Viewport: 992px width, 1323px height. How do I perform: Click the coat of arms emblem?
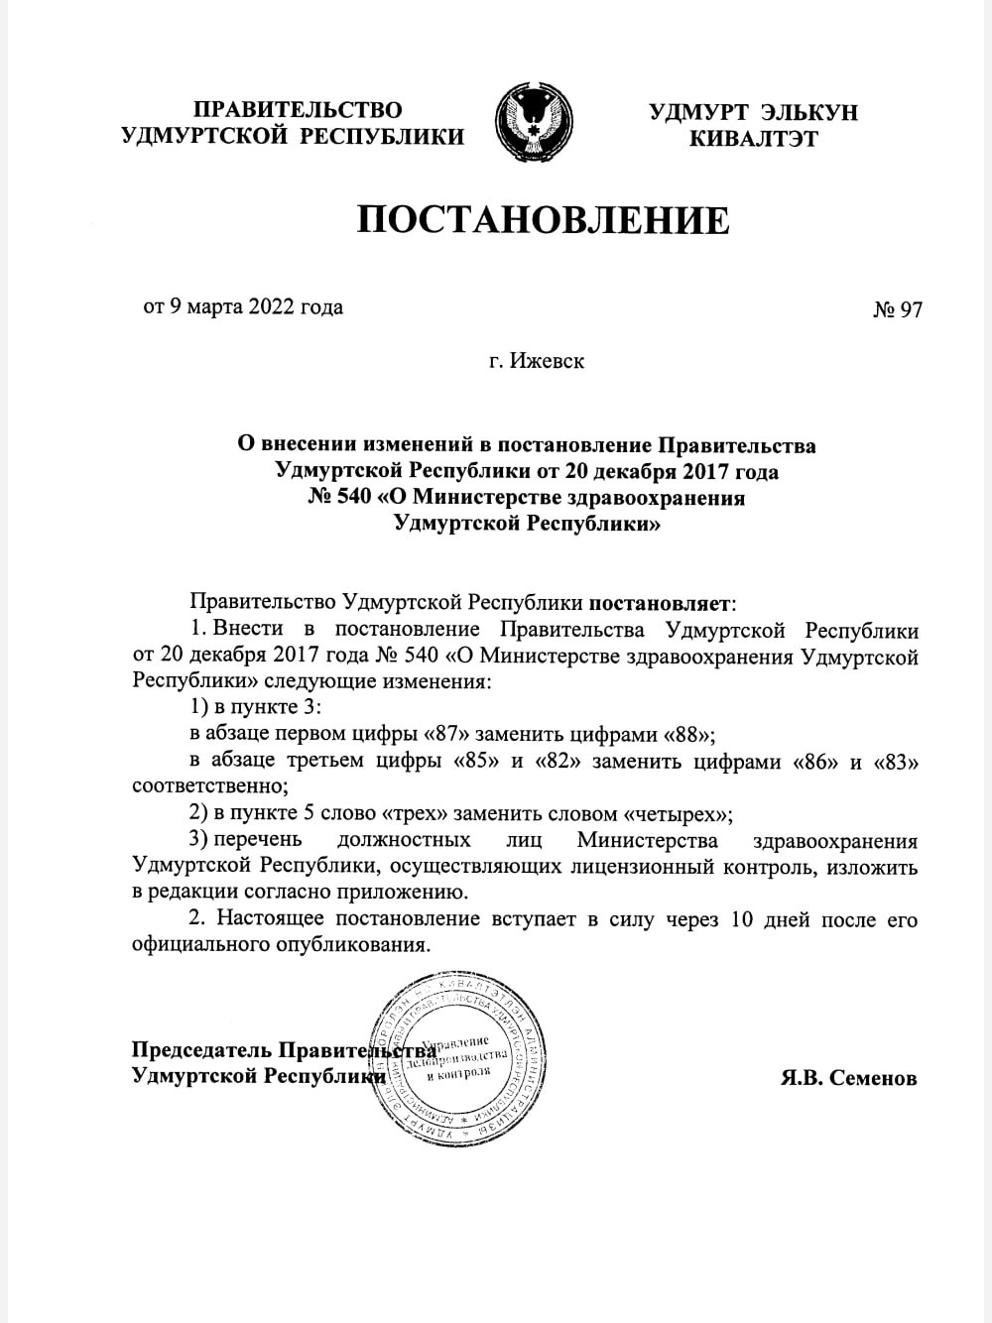[x=536, y=124]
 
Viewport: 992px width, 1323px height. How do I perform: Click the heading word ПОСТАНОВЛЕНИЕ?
[x=543, y=220]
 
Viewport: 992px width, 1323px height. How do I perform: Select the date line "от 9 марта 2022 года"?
[x=243, y=306]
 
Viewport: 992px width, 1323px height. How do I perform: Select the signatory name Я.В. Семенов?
[x=848, y=1077]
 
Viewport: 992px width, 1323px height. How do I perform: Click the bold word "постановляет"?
[x=662, y=602]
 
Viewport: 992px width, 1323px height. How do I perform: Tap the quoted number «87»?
[x=448, y=735]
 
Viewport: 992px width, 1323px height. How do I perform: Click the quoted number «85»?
[x=476, y=763]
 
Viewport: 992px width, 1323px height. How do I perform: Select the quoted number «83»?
[x=896, y=763]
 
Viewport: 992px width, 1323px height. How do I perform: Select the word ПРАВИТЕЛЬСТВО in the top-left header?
[x=298, y=109]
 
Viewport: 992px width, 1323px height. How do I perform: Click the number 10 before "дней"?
[x=741, y=919]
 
